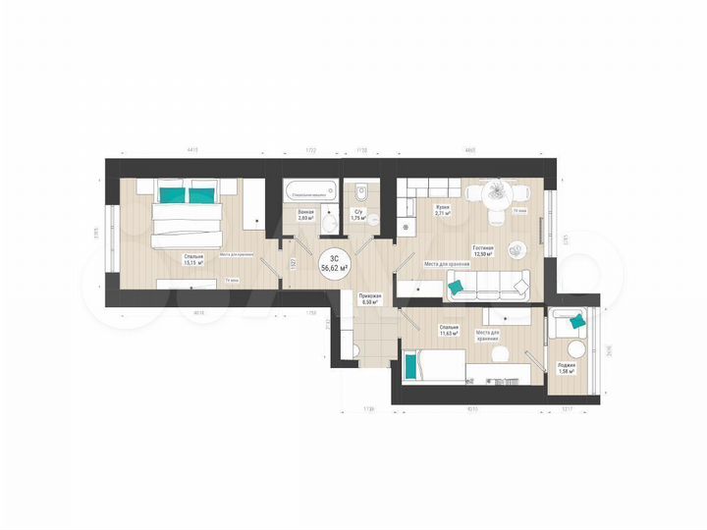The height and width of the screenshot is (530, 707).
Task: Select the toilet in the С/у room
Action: (x=360, y=192)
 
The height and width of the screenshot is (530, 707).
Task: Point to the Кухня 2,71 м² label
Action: (x=444, y=210)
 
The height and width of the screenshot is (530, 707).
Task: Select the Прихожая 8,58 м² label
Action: (x=371, y=299)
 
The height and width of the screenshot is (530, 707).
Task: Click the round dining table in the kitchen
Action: (x=497, y=191)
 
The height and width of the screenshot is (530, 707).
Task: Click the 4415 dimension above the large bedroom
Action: (x=191, y=150)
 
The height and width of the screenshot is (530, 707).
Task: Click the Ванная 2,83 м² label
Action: (x=305, y=217)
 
